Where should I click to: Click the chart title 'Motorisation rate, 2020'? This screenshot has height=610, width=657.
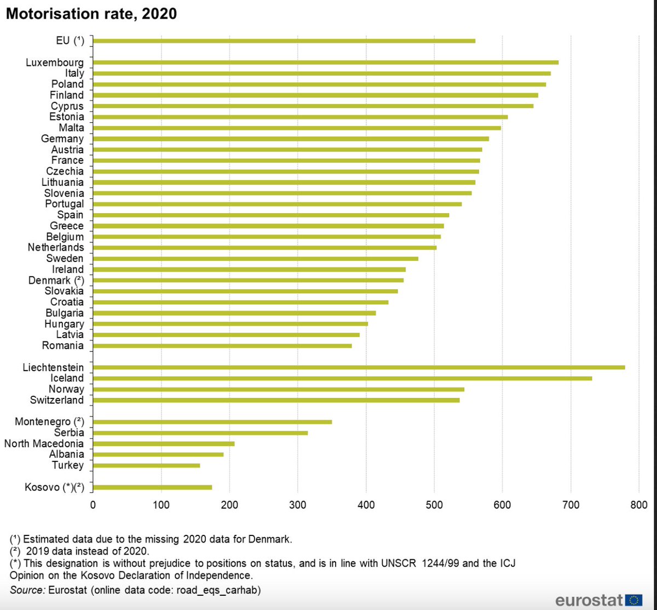pos(91,14)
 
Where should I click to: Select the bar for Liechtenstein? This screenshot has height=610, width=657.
pos(359,367)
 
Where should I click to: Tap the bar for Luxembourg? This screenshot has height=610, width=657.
pos(326,62)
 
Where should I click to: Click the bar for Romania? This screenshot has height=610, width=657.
pos(222,345)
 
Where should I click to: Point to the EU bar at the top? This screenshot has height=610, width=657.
pos(284,41)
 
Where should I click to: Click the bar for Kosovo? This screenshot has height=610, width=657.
pos(153,487)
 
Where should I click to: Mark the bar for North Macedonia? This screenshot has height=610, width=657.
pos(164,443)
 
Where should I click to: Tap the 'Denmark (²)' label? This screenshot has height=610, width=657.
pos(56,280)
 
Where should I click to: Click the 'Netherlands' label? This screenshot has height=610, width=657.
pos(56,248)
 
